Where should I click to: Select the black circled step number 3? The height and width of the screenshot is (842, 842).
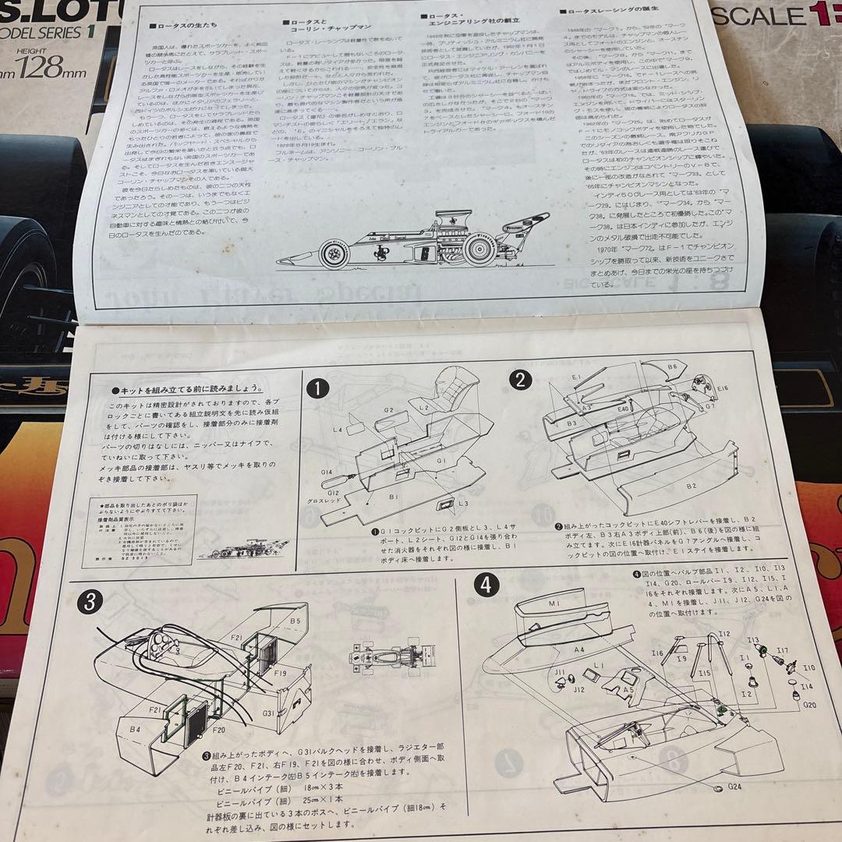92,601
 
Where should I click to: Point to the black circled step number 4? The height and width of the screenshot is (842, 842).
486,586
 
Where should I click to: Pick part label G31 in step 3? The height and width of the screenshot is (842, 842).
267,713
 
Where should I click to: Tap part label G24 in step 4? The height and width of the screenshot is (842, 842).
725,807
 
